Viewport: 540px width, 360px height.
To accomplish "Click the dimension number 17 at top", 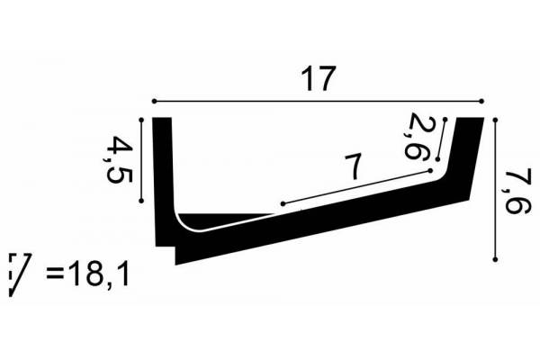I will click(319, 79).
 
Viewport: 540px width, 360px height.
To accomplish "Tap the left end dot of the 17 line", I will click(155, 100).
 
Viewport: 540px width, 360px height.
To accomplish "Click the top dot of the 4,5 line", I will click(143, 118).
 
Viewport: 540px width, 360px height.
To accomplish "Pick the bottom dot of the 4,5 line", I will click(143, 202).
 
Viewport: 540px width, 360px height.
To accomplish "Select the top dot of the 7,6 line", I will click(497, 118).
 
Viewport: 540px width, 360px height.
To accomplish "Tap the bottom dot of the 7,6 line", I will click(497, 260).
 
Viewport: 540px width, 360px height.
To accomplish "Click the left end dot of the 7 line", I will click(283, 203).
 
